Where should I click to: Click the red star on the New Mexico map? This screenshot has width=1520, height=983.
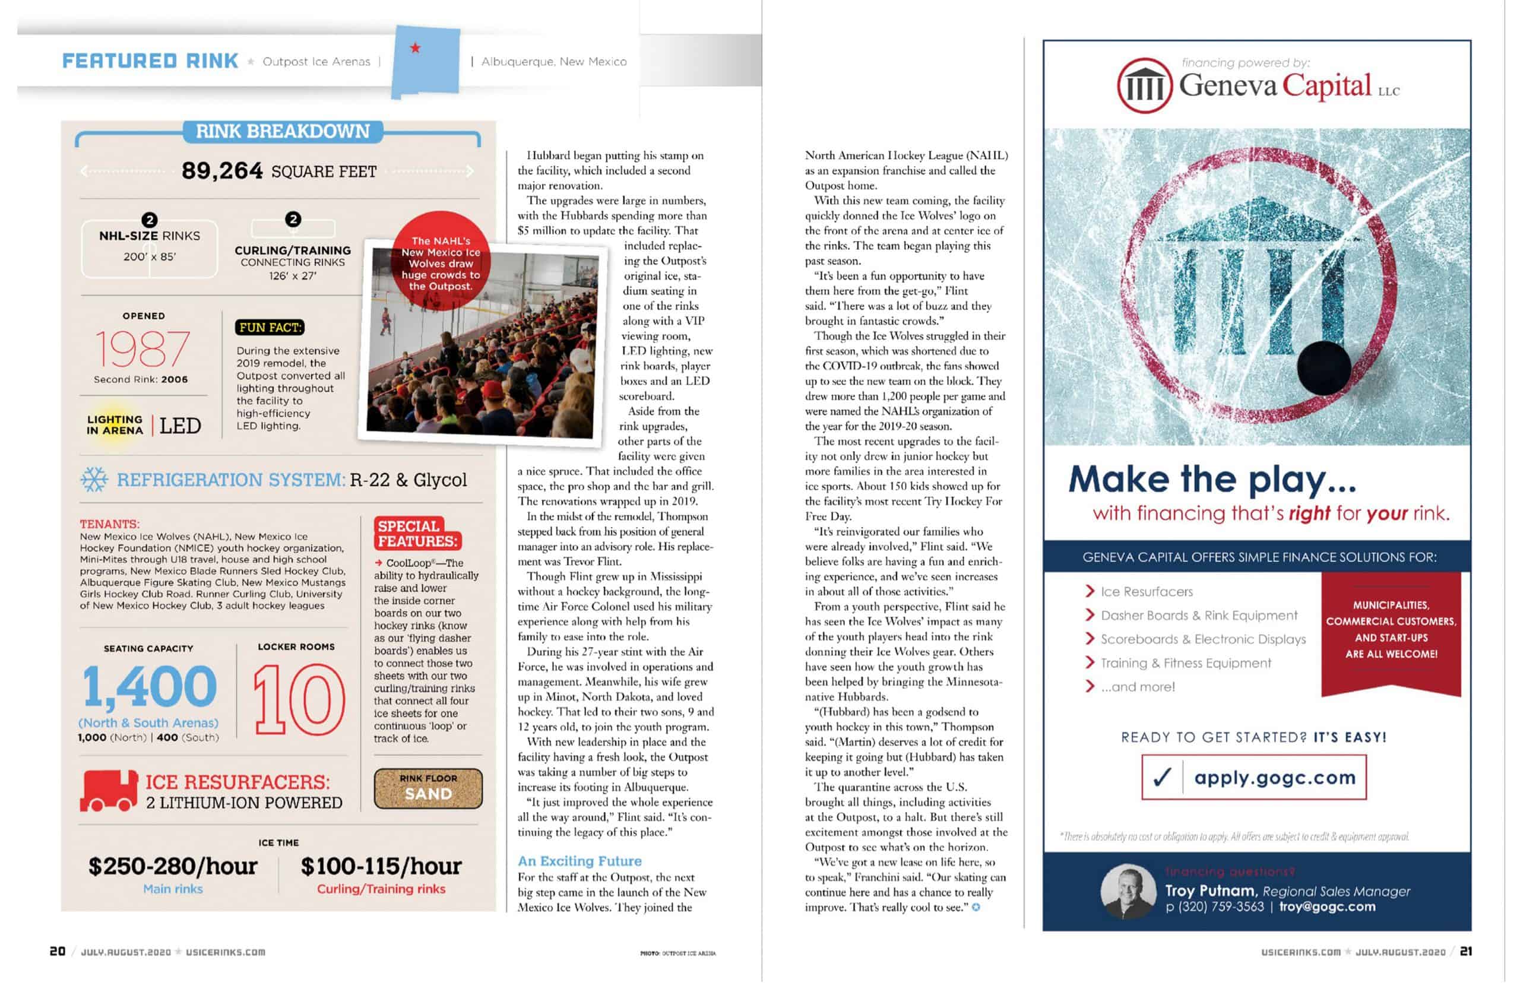coord(415,48)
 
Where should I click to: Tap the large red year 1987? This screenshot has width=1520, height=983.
coord(142,349)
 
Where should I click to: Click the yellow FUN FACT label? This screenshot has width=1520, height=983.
coord(270,328)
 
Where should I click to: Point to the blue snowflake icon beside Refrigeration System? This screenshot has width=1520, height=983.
coord(94,480)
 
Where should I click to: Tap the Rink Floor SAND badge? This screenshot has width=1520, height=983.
coord(427,788)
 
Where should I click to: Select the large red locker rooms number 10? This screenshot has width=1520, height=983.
coord(299,700)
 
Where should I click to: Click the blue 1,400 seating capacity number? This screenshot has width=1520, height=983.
coord(150,687)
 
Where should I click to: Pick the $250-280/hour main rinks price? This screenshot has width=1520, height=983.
coord(172,866)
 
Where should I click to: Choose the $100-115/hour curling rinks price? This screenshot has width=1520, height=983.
coord(381,866)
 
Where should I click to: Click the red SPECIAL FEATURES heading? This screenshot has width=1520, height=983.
coord(417,534)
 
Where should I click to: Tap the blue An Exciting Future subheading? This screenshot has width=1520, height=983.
coord(579,861)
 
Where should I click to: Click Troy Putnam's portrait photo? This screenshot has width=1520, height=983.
coord(1128,892)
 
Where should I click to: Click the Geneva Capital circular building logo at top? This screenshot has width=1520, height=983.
coord(1144,85)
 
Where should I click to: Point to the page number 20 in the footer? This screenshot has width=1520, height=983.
coord(58,951)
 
